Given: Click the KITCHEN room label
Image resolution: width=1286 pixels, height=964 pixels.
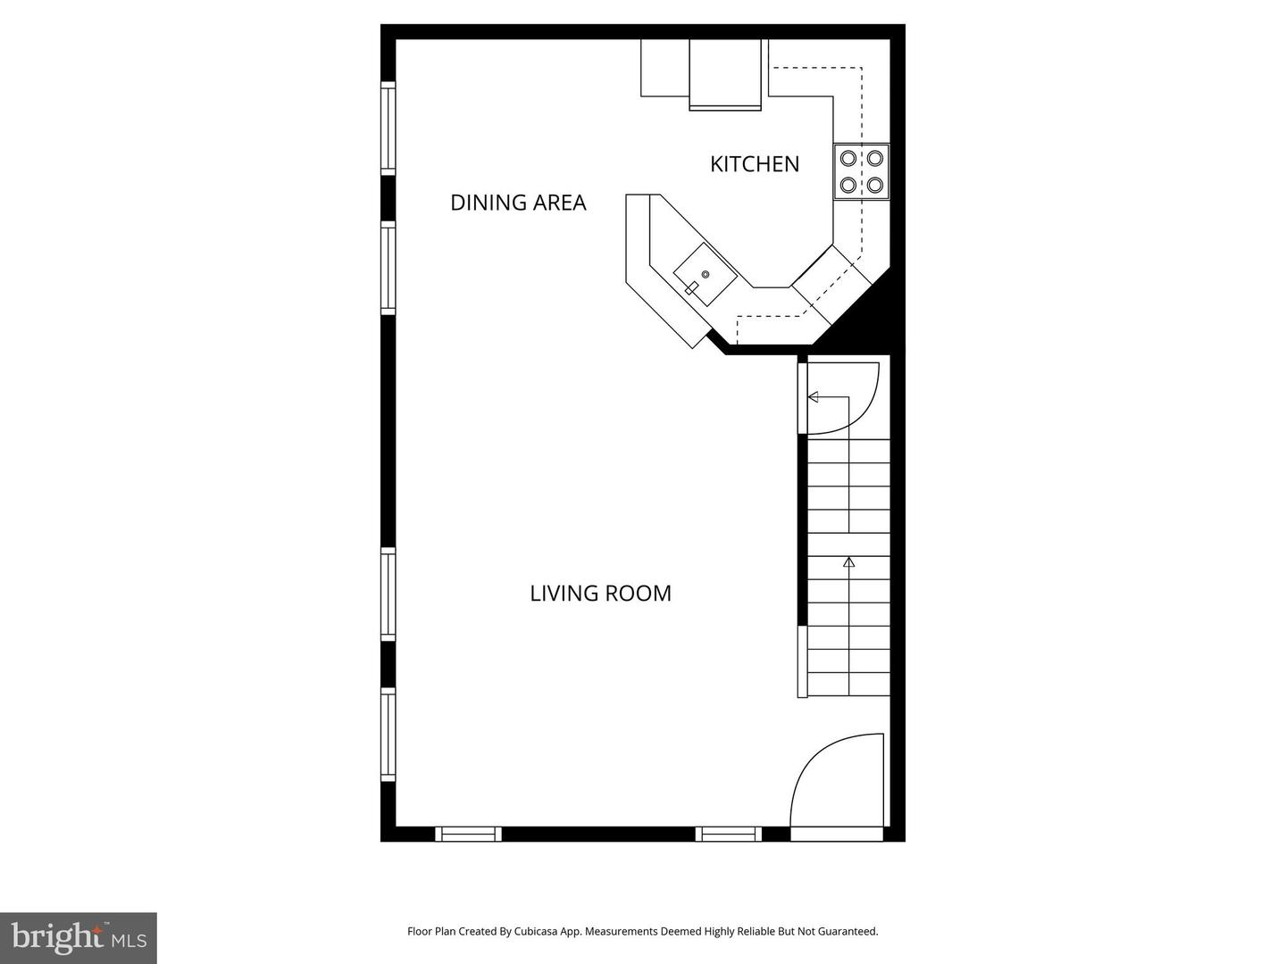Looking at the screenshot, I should click(x=755, y=164).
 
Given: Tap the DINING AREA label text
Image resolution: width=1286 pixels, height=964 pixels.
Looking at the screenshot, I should click(x=518, y=203).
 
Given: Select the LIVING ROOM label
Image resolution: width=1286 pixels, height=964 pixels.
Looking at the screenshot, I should click(x=600, y=594).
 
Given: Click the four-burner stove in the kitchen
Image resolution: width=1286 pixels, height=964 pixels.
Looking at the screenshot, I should click(x=862, y=172).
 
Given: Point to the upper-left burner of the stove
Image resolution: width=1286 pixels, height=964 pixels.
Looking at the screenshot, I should click(x=848, y=159).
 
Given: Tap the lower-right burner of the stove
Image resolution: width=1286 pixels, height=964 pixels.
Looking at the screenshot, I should click(x=875, y=186).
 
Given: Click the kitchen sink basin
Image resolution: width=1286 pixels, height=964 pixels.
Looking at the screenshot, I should click(x=705, y=275).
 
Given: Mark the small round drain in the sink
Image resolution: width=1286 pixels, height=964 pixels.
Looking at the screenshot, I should click(x=706, y=274).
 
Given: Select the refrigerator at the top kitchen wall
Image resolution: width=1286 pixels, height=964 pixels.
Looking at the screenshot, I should click(x=725, y=74).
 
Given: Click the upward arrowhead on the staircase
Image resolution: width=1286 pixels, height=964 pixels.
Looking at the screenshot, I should click(x=848, y=562).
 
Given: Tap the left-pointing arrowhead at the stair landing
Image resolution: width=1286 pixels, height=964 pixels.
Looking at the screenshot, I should click(x=813, y=397).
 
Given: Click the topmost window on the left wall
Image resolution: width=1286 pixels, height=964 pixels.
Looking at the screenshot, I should click(x=388, y=128).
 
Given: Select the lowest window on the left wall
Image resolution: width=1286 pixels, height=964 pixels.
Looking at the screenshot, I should click(x=388, y=735).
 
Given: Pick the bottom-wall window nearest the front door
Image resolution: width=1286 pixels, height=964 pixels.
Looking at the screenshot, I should click(x=729, y=835).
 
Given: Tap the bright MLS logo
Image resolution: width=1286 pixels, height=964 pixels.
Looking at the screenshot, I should click(x=79, y=937).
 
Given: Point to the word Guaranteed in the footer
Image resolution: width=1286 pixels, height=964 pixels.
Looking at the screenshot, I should click(x=849, y=931).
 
